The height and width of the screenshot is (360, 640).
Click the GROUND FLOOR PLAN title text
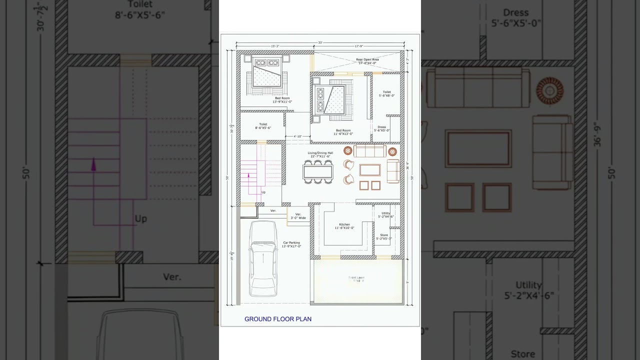click(277, 319)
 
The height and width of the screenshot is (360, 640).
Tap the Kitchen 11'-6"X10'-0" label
click(344, 226)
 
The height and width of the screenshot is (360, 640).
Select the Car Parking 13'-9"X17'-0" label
click(291, 244)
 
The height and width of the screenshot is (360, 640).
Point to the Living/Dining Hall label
click(320, 154)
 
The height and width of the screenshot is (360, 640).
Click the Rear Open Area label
click(367, 61)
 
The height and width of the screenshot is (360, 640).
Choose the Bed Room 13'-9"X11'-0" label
click(282, 99)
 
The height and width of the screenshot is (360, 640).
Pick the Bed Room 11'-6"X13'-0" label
click(343, 132)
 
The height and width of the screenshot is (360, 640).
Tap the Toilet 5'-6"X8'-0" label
click(386, 93)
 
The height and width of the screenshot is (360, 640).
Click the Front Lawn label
click(356, 279)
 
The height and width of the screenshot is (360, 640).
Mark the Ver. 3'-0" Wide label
click(298, 216)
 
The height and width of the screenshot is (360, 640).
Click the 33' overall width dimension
click(320, 42)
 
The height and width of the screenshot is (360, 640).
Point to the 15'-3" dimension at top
click(275, 46)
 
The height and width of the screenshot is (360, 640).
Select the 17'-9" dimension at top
click(358, 46)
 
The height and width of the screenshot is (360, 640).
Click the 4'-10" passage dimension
click(297, 136)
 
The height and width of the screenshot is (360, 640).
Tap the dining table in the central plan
click(317, 172)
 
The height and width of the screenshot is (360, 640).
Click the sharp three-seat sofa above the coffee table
click(370, 151)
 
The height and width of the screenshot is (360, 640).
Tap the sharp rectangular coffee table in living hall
click(369, 170)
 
